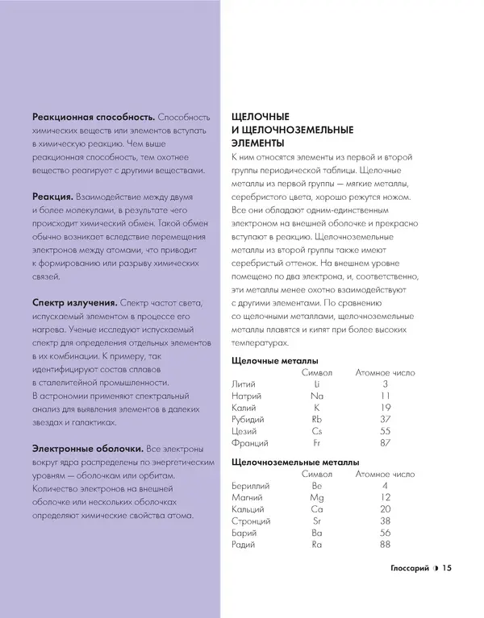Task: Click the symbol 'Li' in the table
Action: tap(317, 384)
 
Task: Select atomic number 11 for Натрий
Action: tap(386, 396)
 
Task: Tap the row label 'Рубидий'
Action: tap(248, 420)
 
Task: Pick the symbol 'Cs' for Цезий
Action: tap(317, 432)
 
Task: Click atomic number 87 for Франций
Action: tap(386, 444)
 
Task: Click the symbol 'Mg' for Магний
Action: tap(317, 498)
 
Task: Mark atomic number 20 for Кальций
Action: tap(386, 510)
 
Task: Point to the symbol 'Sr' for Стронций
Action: tap(317, 522)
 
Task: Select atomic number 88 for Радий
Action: tap(386, 546)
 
